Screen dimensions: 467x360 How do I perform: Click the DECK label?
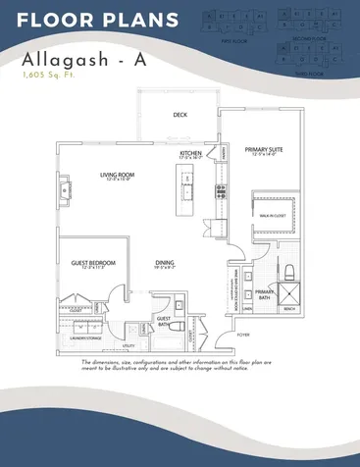180,114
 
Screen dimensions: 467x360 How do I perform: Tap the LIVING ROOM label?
116,177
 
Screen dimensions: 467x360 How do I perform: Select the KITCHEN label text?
190,154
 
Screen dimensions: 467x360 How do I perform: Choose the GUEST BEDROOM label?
94,263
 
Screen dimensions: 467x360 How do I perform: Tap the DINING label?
166,262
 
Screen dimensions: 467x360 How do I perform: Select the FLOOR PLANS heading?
98,20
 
